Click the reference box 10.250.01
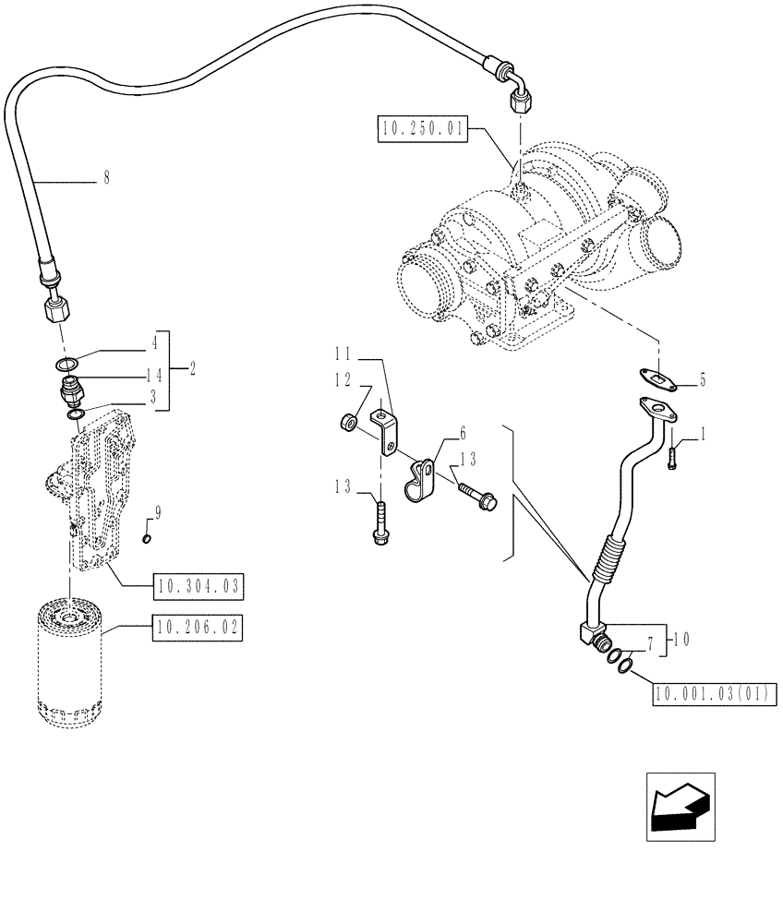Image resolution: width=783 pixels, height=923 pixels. click(x=423, y=128)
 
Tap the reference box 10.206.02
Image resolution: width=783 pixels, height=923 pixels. click(x=198, y=630)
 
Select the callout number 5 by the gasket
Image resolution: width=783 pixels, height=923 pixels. click(x=702, y=378)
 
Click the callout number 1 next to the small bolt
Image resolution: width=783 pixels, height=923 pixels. click(x=705, y=432)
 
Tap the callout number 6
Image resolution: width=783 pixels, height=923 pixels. click(x=462, y=432)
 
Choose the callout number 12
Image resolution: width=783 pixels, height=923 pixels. click(x=343, y=380)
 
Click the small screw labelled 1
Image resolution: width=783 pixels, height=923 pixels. click(x=673, y=456)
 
